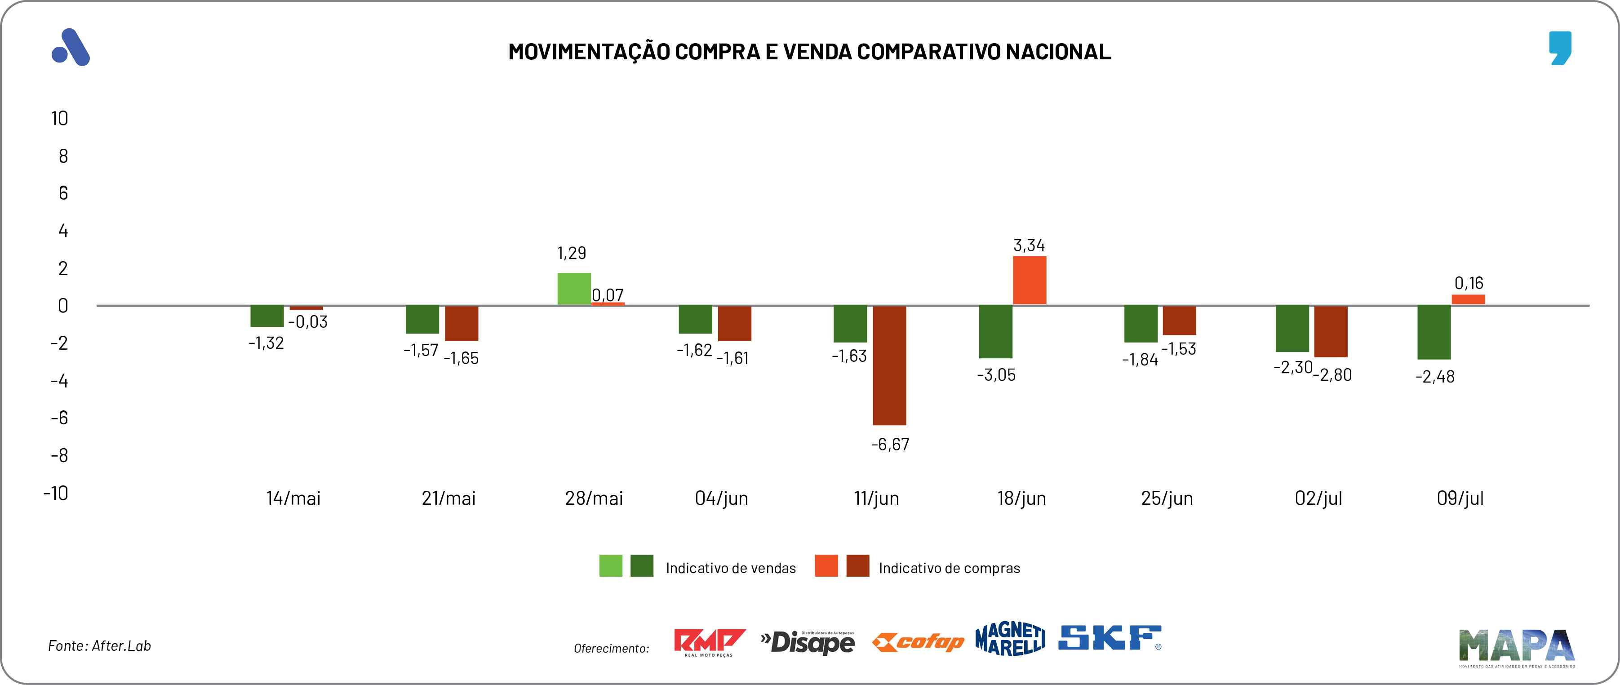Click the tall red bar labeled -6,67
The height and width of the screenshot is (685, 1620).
point(889,365)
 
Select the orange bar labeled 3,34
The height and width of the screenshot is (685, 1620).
point(1030,280)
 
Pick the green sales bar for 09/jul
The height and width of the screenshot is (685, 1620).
point(1434,332)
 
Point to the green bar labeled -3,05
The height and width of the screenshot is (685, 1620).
point(995,332)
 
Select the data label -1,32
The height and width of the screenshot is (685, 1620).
point(266,343)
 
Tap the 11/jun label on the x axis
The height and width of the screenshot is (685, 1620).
point(876,498)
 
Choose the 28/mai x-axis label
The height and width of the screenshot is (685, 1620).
point(594,498)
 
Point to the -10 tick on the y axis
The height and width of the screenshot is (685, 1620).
point(56,493)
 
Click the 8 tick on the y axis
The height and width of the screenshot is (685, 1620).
point(63,156)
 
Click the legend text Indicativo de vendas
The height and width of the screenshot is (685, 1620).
point(730,568)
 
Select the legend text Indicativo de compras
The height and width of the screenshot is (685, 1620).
point(949,568)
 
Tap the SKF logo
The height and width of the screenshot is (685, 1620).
point(1110,638)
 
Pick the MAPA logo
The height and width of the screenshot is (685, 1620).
point(1516,646)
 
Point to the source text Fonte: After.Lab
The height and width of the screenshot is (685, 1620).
point(99,646)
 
